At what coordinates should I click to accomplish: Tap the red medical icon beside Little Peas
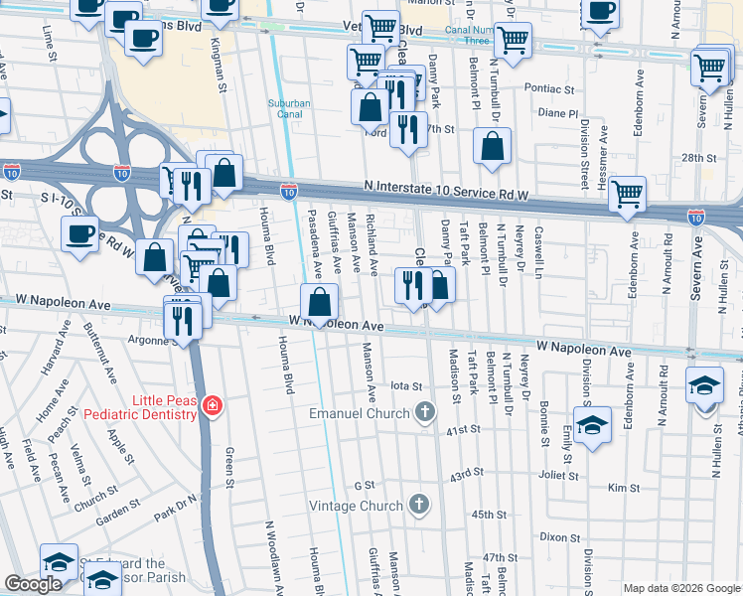pyautogui.click(x=211, y=405)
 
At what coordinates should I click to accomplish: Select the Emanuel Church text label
pyautogui.click(x=359, y=413)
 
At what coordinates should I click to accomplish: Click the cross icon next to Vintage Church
pyautogui.click(x=420, y=505)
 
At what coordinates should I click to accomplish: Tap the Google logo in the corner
pyautogui.click(x=33, y=584)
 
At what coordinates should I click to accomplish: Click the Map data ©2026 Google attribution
pyautogui.click(x=680, y=588)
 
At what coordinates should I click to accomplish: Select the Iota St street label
pyautogui.click(x=407, y=386)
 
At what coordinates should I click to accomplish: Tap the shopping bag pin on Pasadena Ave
pyautogui.click(x=320, y=302)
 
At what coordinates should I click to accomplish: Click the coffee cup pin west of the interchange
pyautogui.click(x=80, y=234)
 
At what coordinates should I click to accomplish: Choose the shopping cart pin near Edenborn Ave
pyautogui.click(x=628, y=195)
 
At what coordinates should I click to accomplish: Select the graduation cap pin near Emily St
pyautogui.click(x=592, y=425)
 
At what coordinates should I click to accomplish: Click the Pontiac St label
pyautogui.click(x=555, y=88)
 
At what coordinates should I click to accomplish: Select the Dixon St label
pyautogui.click(x=560, y=536)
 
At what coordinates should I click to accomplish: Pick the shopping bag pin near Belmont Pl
pyautogui.click(x=493, y=149)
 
